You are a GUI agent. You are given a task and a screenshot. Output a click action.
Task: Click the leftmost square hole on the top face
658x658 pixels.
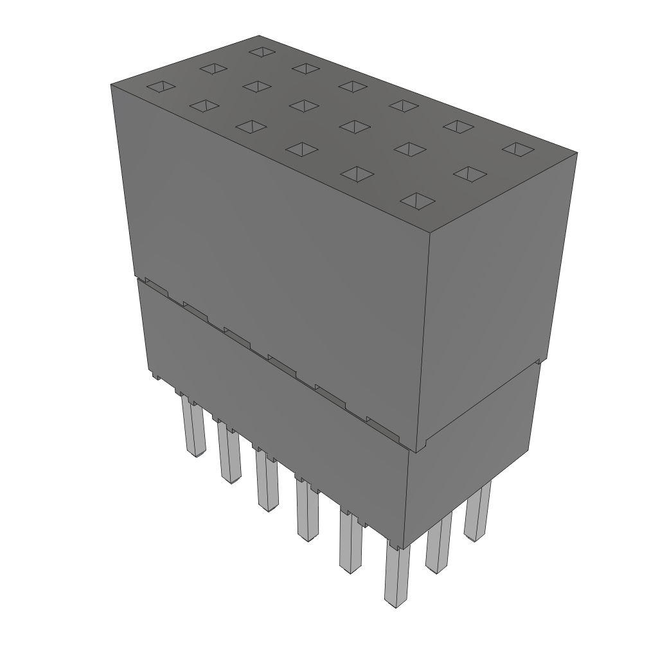pyautogui.click(x=161, y=87)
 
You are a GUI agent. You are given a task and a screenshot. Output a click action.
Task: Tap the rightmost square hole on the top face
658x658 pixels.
pyautogui.click(x=518, y=149)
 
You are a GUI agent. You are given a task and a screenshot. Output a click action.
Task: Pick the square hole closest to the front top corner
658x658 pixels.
pyautogui.click(x=417, y=201)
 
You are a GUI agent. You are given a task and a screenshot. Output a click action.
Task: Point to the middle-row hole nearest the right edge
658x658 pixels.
pyautogui.click(x=470, y=173)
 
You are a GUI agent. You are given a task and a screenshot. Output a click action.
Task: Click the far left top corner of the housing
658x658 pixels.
pyautogui.click(x=111, y=84)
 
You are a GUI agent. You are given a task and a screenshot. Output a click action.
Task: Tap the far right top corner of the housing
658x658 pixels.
pyautogui.click(x=576, y=153)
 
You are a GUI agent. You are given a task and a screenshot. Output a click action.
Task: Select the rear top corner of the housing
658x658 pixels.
pyautogui.click(x=259, y=36)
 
